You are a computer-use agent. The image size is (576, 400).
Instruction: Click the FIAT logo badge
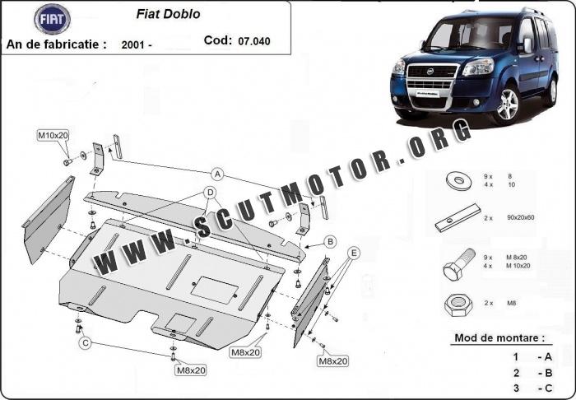pos(53,17)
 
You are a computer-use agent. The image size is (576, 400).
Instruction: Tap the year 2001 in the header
pos(135,43)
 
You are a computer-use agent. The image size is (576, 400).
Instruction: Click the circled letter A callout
pos(217,174)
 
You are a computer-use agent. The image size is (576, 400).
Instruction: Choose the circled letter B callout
pos(330,241)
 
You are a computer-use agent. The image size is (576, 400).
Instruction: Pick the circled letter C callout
pos(86,343)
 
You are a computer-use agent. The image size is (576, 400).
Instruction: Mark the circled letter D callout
pos(211,193)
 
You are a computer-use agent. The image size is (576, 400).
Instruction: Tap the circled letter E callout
pos(355,253)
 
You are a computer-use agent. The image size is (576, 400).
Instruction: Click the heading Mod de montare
pos(499,338)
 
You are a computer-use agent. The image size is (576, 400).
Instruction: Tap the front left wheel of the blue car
pos(505,105)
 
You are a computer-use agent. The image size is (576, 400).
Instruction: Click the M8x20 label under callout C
pos(189,370)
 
